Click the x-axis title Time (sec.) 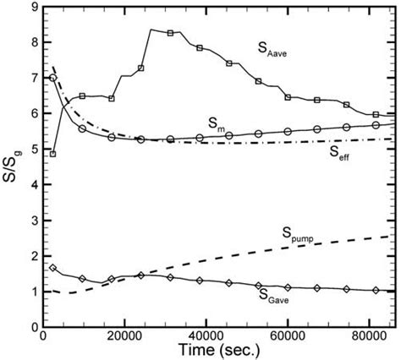click(x=217, y=348)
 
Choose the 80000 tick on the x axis click(x=368, y=335)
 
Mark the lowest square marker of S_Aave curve click(x=53, y=154)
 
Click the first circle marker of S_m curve click(x=53, y=78)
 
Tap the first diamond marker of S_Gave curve click(x=53, y=268)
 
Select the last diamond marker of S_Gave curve click(x=376, y=290)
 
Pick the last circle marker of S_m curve click(x=376, y=125)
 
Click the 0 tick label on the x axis click(x=43, y=335)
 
